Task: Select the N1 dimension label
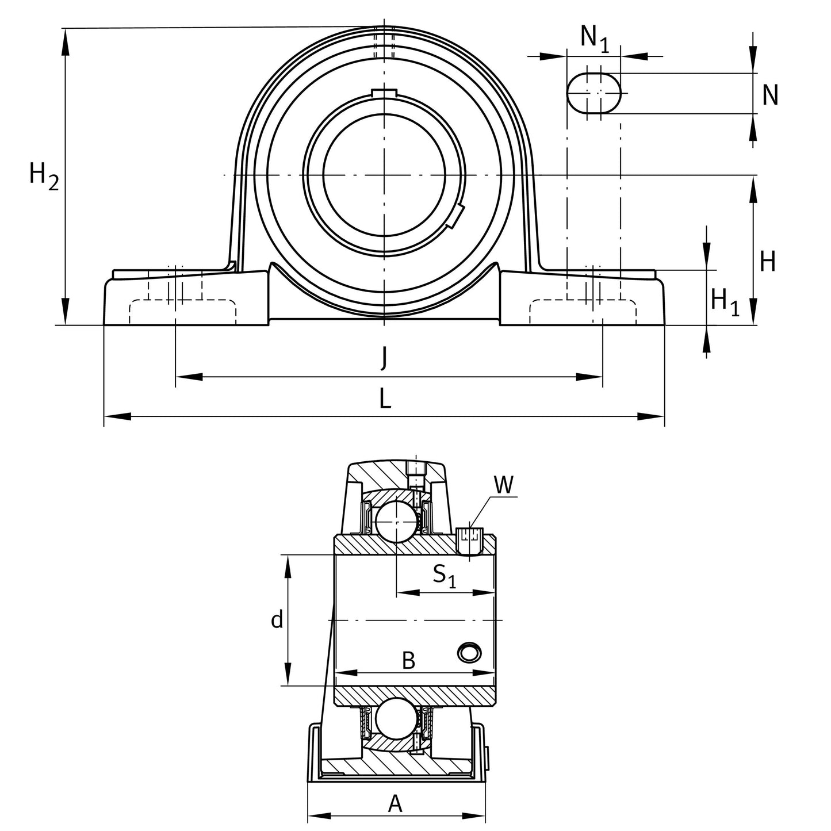click(594, 38)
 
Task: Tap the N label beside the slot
click(769, 95)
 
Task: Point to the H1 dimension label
click(724, 301)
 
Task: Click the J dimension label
click(384, 359)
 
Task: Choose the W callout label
click(504, 485)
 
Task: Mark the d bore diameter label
click(277, 620)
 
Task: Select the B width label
click(408, 661)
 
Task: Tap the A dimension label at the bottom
click(395, 804)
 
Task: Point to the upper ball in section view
click(396, 520)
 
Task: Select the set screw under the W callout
click(469, 538)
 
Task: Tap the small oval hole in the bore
click(469, 652)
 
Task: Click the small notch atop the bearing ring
click(384, 93)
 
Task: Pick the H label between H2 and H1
click(767, 262)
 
